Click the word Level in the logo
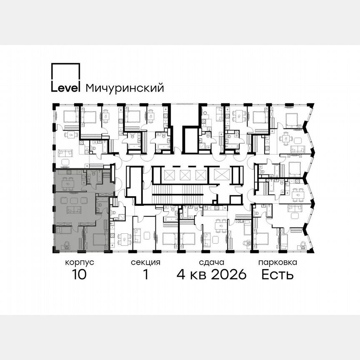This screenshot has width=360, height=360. (x=65, y=88)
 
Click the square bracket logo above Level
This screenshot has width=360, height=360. (x=65, y=72)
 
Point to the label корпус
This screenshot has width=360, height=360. (x=79, y=262)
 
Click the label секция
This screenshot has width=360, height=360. (x=145, y=262)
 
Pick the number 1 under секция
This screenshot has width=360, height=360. (x=146, y=275)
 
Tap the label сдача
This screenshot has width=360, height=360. (x=212, y=262)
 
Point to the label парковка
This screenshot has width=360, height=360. (x=277, y=262)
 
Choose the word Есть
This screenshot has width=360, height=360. (x=277, y=275)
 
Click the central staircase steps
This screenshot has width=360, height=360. (x=180, y=195)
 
